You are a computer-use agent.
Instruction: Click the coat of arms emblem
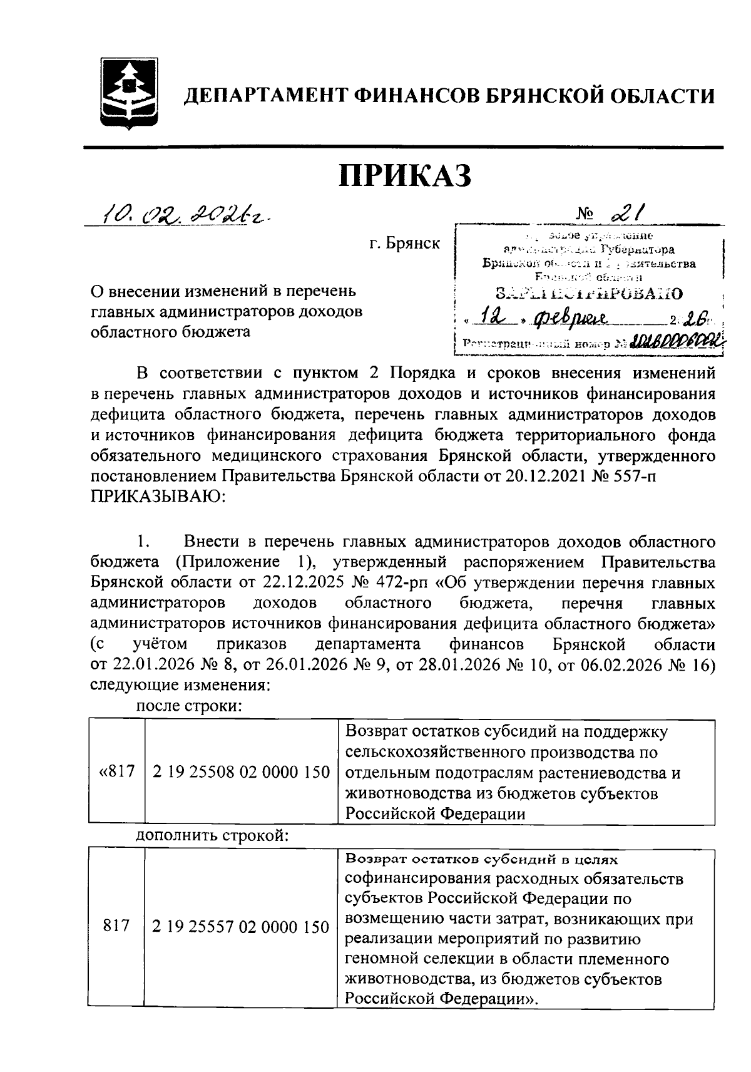tap(129, 93)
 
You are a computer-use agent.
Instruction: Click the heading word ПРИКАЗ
tap(404, 177)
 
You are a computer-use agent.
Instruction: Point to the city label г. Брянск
tap(404, 244)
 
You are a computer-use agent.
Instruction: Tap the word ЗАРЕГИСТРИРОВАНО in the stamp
tap(588, 292)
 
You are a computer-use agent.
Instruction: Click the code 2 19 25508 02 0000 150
tap(241, 771)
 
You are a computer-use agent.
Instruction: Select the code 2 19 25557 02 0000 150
tap(241, 927)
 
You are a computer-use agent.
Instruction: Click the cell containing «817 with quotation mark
tap(117, 771)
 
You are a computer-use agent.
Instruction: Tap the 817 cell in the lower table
tap(117, 927)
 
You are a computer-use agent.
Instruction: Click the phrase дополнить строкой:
tap(212, 835)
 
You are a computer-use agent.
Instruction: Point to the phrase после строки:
tap(190, 706)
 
